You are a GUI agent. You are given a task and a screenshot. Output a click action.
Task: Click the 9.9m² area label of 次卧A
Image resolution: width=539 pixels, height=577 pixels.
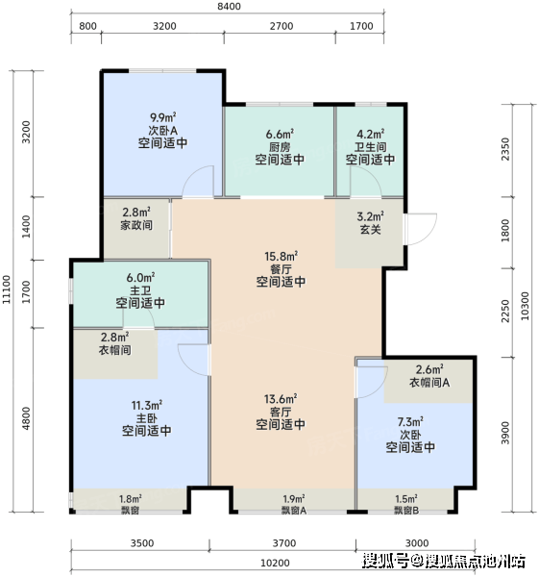163,117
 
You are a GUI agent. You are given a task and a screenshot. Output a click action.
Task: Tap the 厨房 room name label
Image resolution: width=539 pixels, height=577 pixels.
280,147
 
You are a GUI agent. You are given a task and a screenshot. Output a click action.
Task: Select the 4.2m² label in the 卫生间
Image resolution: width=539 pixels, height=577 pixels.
371,134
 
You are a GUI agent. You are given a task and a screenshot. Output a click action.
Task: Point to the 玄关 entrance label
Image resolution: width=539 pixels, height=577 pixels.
370,229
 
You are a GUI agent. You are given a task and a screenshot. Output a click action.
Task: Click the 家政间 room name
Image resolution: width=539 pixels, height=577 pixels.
136,225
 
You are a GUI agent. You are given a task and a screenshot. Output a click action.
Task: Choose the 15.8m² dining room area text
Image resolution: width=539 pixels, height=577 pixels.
282,256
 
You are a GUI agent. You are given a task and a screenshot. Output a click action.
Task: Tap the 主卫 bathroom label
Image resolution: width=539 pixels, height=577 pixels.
140,290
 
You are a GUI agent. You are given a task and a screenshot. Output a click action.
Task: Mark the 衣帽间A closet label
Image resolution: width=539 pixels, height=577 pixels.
429,383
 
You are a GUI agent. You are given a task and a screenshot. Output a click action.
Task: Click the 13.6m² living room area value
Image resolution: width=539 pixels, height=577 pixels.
281,399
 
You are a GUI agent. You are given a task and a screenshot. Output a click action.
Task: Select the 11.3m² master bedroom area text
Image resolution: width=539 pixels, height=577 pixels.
147,406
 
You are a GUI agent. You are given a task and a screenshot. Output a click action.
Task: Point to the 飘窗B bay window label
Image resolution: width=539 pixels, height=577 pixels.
406,511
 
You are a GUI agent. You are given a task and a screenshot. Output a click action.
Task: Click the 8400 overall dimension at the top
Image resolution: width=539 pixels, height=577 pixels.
229,7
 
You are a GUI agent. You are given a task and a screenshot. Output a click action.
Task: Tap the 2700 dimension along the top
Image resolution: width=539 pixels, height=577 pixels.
282,26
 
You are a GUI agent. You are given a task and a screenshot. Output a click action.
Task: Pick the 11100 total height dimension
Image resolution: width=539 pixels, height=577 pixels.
7,289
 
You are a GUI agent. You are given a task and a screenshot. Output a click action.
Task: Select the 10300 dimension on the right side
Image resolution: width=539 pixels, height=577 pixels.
525,306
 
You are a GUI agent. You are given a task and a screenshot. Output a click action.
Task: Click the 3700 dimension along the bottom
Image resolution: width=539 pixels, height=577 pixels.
283,543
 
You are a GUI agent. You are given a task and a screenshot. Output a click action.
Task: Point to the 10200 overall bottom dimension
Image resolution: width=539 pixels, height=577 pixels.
275,563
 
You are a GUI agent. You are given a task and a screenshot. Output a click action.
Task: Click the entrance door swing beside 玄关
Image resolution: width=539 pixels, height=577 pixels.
421,229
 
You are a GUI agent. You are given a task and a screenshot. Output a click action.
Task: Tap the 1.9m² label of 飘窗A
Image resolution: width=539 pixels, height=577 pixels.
294,499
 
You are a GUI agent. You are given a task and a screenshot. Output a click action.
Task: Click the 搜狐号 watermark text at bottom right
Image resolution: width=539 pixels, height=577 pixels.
385,561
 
